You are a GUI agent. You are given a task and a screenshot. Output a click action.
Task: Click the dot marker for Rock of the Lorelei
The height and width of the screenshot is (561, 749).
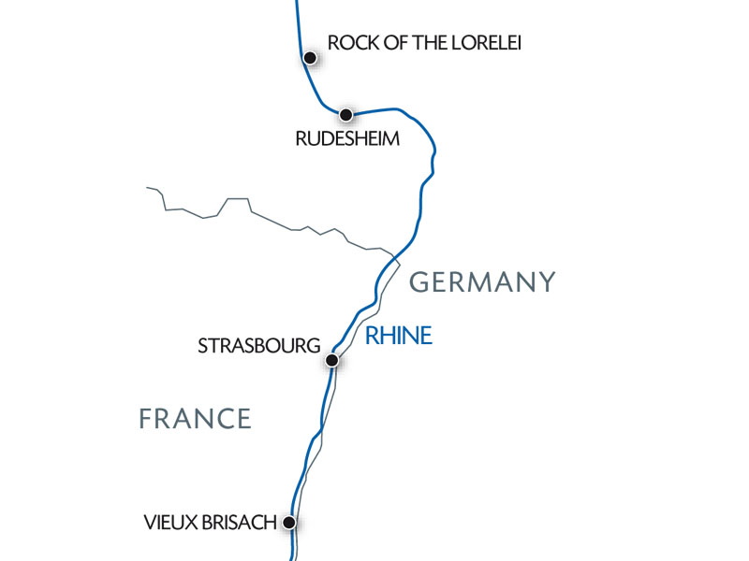(309, 58)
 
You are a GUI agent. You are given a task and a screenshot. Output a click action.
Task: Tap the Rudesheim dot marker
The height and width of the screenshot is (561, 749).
(345, 115)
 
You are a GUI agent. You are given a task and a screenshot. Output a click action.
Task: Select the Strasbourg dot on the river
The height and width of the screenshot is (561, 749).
(331, 359)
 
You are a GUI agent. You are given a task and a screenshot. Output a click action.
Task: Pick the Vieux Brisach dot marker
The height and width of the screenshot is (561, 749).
(290, 523)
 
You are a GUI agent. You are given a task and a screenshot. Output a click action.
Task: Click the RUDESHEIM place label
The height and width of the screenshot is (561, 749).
(347, 139)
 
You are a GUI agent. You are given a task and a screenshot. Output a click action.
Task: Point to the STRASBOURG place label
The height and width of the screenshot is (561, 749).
(258, 346)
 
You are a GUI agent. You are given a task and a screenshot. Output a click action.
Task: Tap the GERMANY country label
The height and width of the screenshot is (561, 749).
(483, 281)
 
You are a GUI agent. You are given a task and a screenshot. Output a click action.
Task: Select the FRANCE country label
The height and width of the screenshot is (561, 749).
(195, 418)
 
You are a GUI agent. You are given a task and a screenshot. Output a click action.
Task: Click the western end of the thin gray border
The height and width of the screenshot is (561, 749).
(148, 188)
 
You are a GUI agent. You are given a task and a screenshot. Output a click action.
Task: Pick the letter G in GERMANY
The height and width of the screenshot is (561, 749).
(420, 281)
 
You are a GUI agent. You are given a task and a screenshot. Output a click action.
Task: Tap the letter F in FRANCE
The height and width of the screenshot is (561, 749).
(146, 418)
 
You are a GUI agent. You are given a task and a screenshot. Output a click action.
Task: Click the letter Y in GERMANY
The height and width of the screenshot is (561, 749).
(547, 281)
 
